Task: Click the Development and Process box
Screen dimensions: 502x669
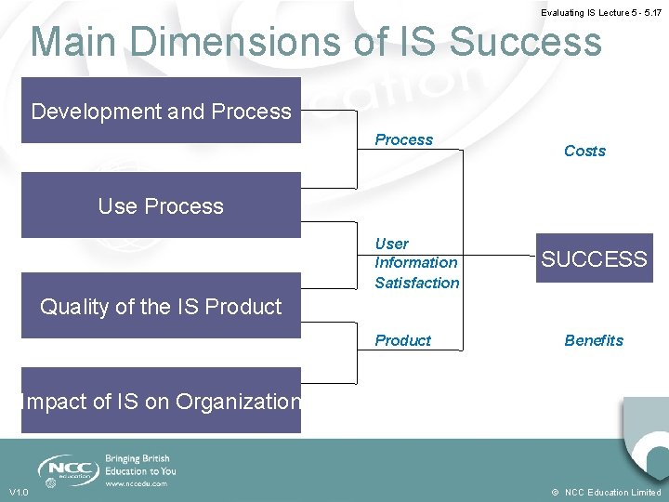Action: pos(161,111)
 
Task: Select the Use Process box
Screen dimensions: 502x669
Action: pos(161,205)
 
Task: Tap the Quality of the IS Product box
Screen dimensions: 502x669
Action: pos(161,306)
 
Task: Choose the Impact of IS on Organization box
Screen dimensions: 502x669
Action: pos(161,401)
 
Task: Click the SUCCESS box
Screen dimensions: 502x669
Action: pos(594,258)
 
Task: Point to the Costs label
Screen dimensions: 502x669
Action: pos(584,151)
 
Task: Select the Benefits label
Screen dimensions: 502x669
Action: pos(594,340)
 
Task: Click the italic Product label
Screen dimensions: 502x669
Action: pos(402,340)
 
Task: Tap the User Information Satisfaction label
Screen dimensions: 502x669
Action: pos(416,263)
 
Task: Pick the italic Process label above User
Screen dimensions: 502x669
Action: pos(403,139)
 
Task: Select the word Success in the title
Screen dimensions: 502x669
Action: pos(526,42)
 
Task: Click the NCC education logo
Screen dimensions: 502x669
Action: pos(68,469)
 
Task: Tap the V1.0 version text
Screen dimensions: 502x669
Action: pos(19,492)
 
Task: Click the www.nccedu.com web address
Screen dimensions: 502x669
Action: pos(137,483)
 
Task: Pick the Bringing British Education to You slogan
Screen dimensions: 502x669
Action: pos(139,465)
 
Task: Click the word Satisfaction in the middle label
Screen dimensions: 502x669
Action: pos(417,283)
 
